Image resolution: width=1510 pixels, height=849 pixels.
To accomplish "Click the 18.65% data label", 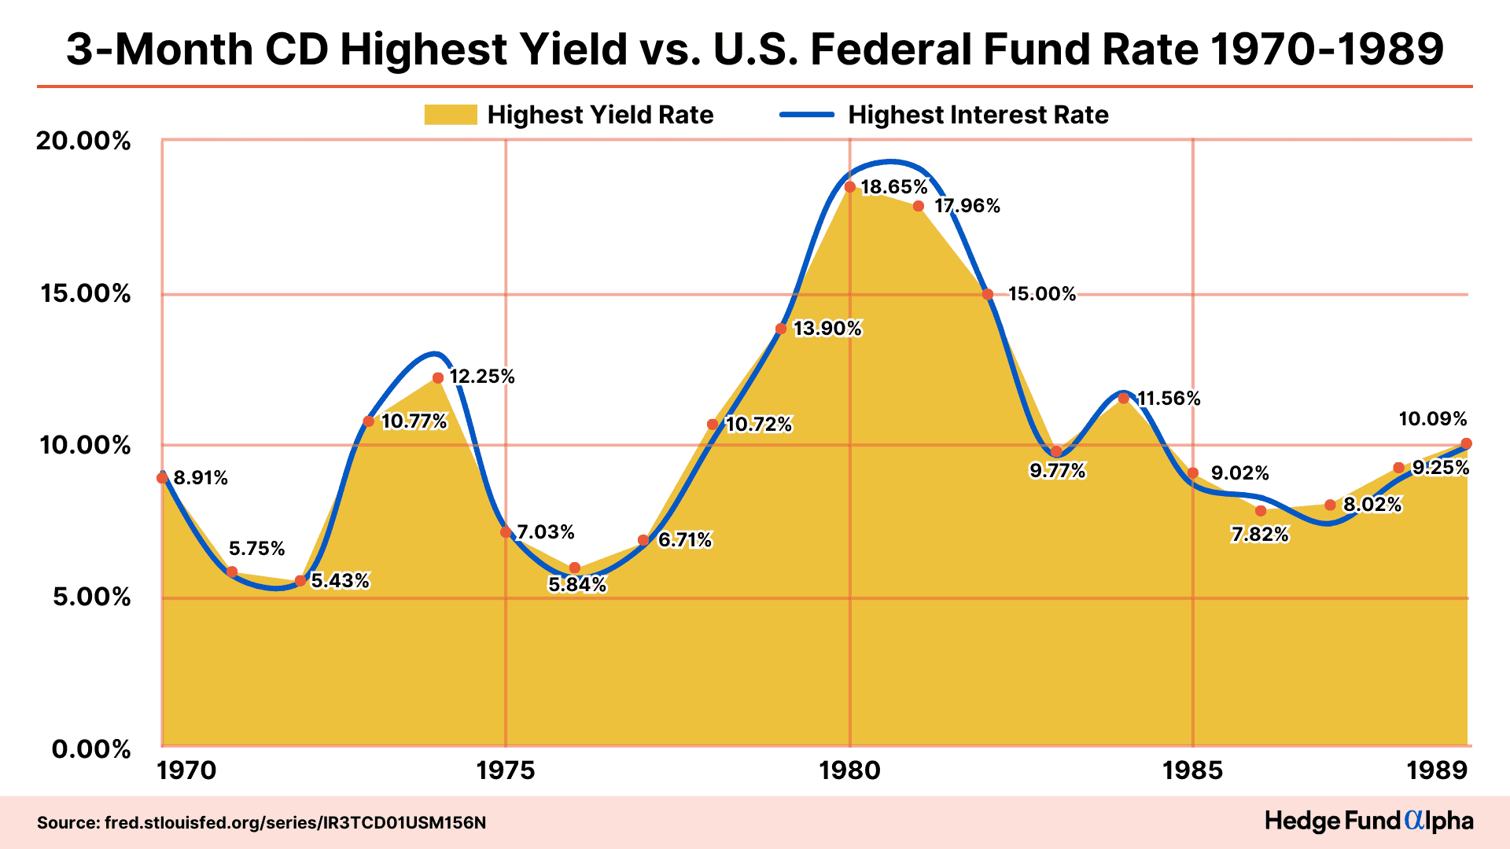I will [x=894, y=187].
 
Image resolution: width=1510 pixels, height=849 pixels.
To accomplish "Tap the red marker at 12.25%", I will [x=438, y=378].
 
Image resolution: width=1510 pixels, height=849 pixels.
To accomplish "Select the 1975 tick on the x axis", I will [x=505, y=770].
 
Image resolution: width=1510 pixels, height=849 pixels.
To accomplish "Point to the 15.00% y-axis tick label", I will [x=85, y=294].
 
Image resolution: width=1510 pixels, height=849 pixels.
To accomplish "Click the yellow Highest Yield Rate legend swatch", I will [x=451, y=115].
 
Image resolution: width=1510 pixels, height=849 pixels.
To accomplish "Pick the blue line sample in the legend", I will [x=806, y=115].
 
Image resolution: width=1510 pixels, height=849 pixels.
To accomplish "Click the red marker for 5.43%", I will [x=300, y=581].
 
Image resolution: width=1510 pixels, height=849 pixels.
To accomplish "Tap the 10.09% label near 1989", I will [x=1433, y=419].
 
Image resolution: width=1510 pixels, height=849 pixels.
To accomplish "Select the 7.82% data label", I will [x=1260, y=535].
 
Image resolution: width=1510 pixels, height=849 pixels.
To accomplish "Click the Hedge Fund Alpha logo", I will [x=1368, y=821].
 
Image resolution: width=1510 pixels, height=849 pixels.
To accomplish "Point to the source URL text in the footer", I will [x=261, y=823].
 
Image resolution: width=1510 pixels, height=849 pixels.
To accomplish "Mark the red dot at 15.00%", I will [x=988, y=295].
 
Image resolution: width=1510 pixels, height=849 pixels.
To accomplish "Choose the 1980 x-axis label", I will [x=849, y=770].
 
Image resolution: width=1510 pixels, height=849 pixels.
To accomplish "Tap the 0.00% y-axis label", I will [x=91, y=749].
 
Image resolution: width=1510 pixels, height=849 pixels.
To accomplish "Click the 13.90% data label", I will [x=827, y=329].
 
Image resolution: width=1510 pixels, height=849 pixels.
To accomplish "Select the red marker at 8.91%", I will [x=162, y=478].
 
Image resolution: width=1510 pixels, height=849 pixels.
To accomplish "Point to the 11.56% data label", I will [x=1169, y=399].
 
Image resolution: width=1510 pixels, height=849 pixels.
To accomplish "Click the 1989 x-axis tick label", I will [x=1437, y=770].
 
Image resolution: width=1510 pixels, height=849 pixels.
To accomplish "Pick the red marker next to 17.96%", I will [x=919, y=206].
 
